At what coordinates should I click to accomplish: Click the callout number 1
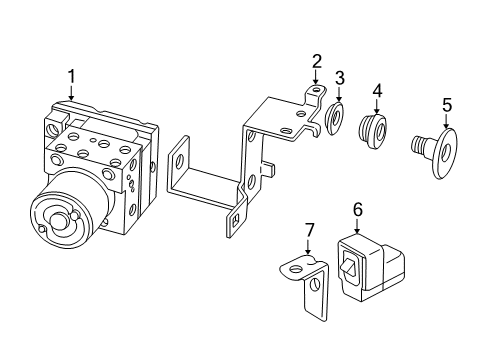point(71,75)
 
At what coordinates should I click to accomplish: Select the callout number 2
point(316,61)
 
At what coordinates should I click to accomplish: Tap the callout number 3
point(340,78)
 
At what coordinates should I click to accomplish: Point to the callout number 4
point(377,92)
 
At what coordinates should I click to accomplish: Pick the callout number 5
point(446,103)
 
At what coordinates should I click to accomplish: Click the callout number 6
point(358,209)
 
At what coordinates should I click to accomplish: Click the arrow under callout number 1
point(71,92)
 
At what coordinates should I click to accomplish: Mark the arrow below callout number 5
point(446,120)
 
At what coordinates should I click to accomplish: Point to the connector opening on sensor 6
point(348,267)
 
